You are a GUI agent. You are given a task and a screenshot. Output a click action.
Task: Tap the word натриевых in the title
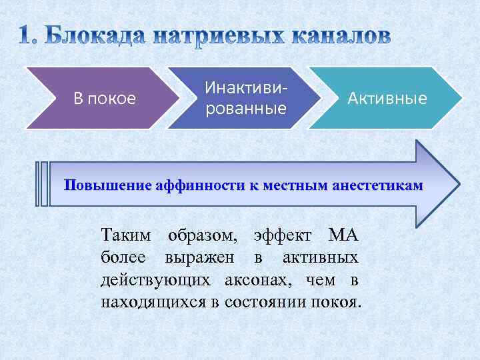click(221, 36)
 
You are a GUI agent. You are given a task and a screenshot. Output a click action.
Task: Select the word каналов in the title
click(340, 36)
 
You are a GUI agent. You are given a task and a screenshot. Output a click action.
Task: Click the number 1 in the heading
click(25, 36)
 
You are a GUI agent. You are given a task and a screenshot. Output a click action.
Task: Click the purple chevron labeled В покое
click(103, 99)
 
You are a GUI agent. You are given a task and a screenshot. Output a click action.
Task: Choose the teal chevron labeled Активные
click(387, 99)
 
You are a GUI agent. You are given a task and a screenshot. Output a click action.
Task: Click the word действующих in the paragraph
click(156, 280)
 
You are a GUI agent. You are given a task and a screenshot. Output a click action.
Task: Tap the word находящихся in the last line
click(153, 302)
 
